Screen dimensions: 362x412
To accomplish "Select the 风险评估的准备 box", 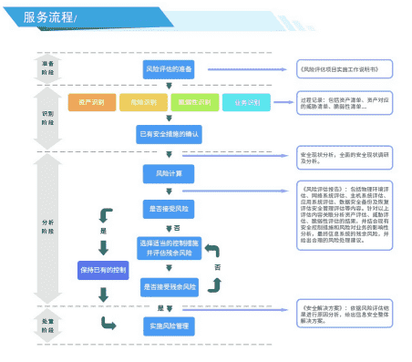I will (169, 68).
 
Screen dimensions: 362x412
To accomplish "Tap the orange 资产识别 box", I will (92, 102).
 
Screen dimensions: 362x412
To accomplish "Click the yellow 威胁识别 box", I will (143, 102).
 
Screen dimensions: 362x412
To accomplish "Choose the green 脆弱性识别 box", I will (194, 102).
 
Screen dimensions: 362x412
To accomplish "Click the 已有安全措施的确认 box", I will (169, 134).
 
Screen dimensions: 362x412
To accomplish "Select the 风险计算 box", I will (163, 173).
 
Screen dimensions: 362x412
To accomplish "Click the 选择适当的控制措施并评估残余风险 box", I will (169, 248).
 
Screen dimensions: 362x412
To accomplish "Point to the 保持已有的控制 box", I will (103, 271).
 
